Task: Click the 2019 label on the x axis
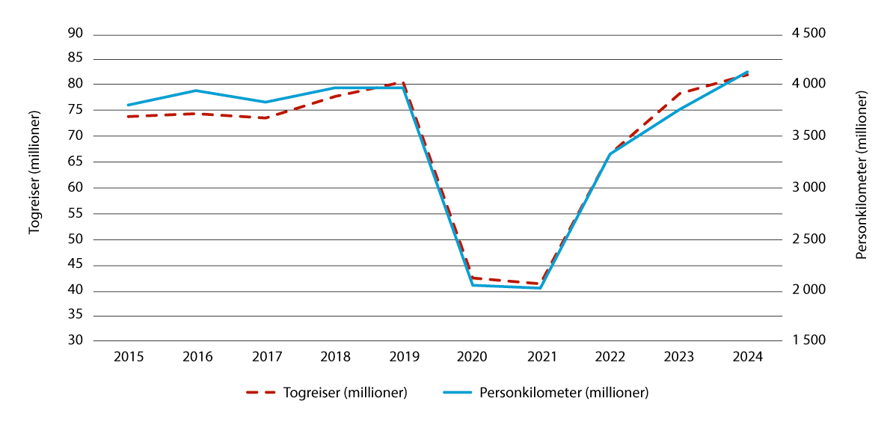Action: pyautogui.click(x=403, y=357)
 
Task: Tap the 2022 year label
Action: pyautogui.click(x=610, y=357)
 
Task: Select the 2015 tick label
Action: pyautogui.click(x=128, y=357)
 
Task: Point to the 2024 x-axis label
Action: pyautogui.click(x=747, y=357)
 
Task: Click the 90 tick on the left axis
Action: pyautogui.click(x=76, y=34)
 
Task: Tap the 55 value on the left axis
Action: pyautogui.click(x=76, y=214)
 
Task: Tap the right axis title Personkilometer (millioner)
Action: pyautogui.click(x=862, y=175)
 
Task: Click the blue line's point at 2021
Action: pyautogui.click(x=540, y=288)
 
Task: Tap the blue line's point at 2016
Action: pyautogui.click(x=197, y=91)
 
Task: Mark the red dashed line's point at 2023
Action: pyautogui.click(x=678, y=94)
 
